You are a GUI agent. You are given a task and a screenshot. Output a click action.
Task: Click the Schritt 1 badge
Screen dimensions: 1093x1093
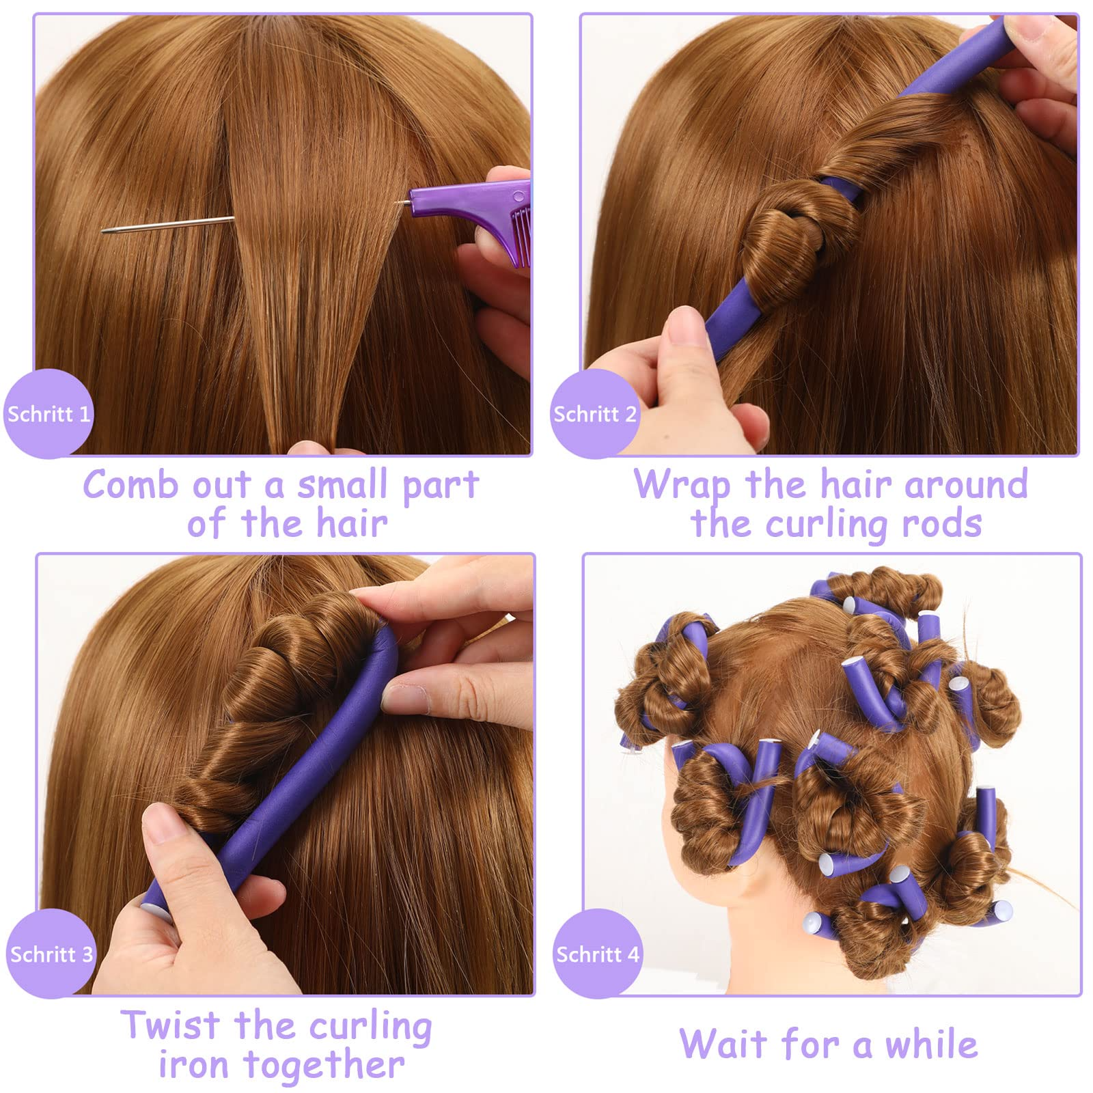[x=48, y=413]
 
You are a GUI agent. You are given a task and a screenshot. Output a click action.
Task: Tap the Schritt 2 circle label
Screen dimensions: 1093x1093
[x=594, y=413]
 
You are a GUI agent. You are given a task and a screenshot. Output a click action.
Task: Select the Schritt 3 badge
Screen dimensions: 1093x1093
[x=51, y=954]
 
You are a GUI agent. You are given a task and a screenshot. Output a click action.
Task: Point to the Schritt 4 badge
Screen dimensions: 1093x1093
[x=598, y=954]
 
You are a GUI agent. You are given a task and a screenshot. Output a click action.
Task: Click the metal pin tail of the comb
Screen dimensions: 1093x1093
[x=168, y=224]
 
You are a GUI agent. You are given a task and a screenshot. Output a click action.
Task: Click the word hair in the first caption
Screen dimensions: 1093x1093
[x=352, y=524]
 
